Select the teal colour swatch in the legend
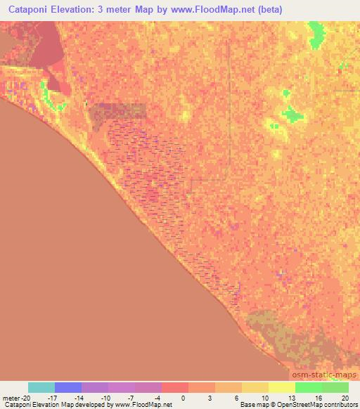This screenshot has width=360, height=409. tap(41, 387)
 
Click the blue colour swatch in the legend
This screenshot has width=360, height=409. tap(68, 387)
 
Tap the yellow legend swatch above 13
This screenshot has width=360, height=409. tap(282, 387)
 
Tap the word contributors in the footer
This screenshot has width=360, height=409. tap(342, 405)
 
